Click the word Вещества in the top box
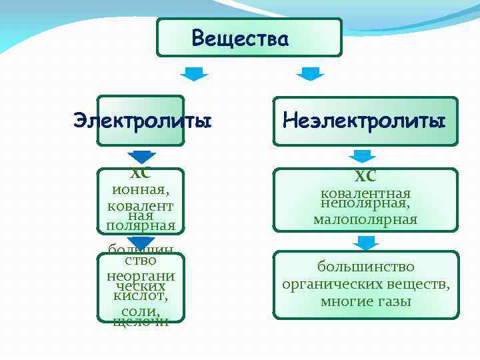tap(240, 39)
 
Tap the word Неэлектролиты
tap(364, 121)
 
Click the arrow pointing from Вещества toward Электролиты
tap(195, 73)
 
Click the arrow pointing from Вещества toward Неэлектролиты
tap(309, 73)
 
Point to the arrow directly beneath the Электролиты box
tap(141, 157)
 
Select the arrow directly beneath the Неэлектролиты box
tap(363, 156)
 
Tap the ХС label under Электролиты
tap(141, 173)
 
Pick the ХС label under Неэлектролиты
tap(365, 176)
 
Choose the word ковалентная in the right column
tap(365, 193)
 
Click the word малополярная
tap(365, 219)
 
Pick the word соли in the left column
tap(139, 311)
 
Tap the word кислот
tap(141, 295)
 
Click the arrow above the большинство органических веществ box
tap(365, 244)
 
